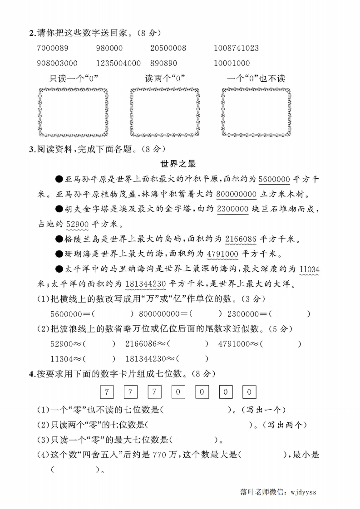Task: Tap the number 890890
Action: pos(163,63)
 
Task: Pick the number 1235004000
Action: pos(118,63)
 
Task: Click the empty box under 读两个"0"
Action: pos(165,112)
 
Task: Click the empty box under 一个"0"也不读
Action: pos(256,112)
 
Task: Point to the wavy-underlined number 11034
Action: pos(309,269)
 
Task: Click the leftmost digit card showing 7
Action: pos(106,391)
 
